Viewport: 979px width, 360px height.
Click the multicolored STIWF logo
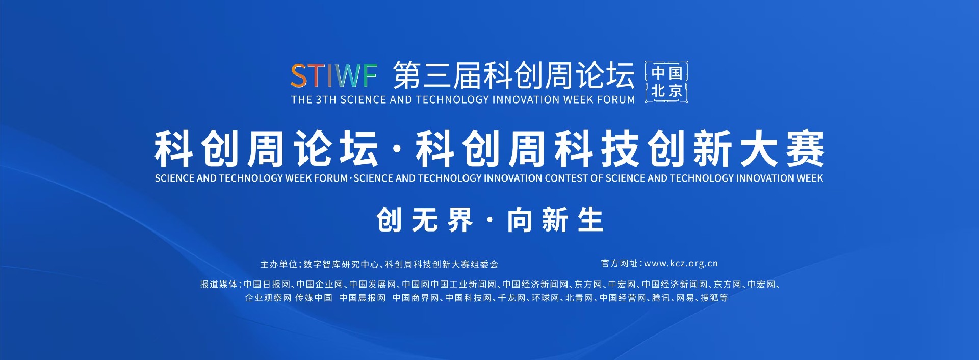334,76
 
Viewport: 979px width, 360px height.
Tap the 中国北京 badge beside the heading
666,82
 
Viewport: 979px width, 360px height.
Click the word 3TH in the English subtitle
326,100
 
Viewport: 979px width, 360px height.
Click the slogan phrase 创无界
425,220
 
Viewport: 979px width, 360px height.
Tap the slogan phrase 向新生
555,220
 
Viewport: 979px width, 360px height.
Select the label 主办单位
278,264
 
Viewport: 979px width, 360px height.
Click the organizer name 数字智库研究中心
341,264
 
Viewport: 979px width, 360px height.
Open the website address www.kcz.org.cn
681,264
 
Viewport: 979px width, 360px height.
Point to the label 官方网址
620,264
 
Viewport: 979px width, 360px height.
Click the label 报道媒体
219,285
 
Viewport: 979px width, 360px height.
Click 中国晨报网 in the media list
363,298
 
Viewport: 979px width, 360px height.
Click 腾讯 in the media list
661,298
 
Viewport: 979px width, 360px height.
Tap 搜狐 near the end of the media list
710,298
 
